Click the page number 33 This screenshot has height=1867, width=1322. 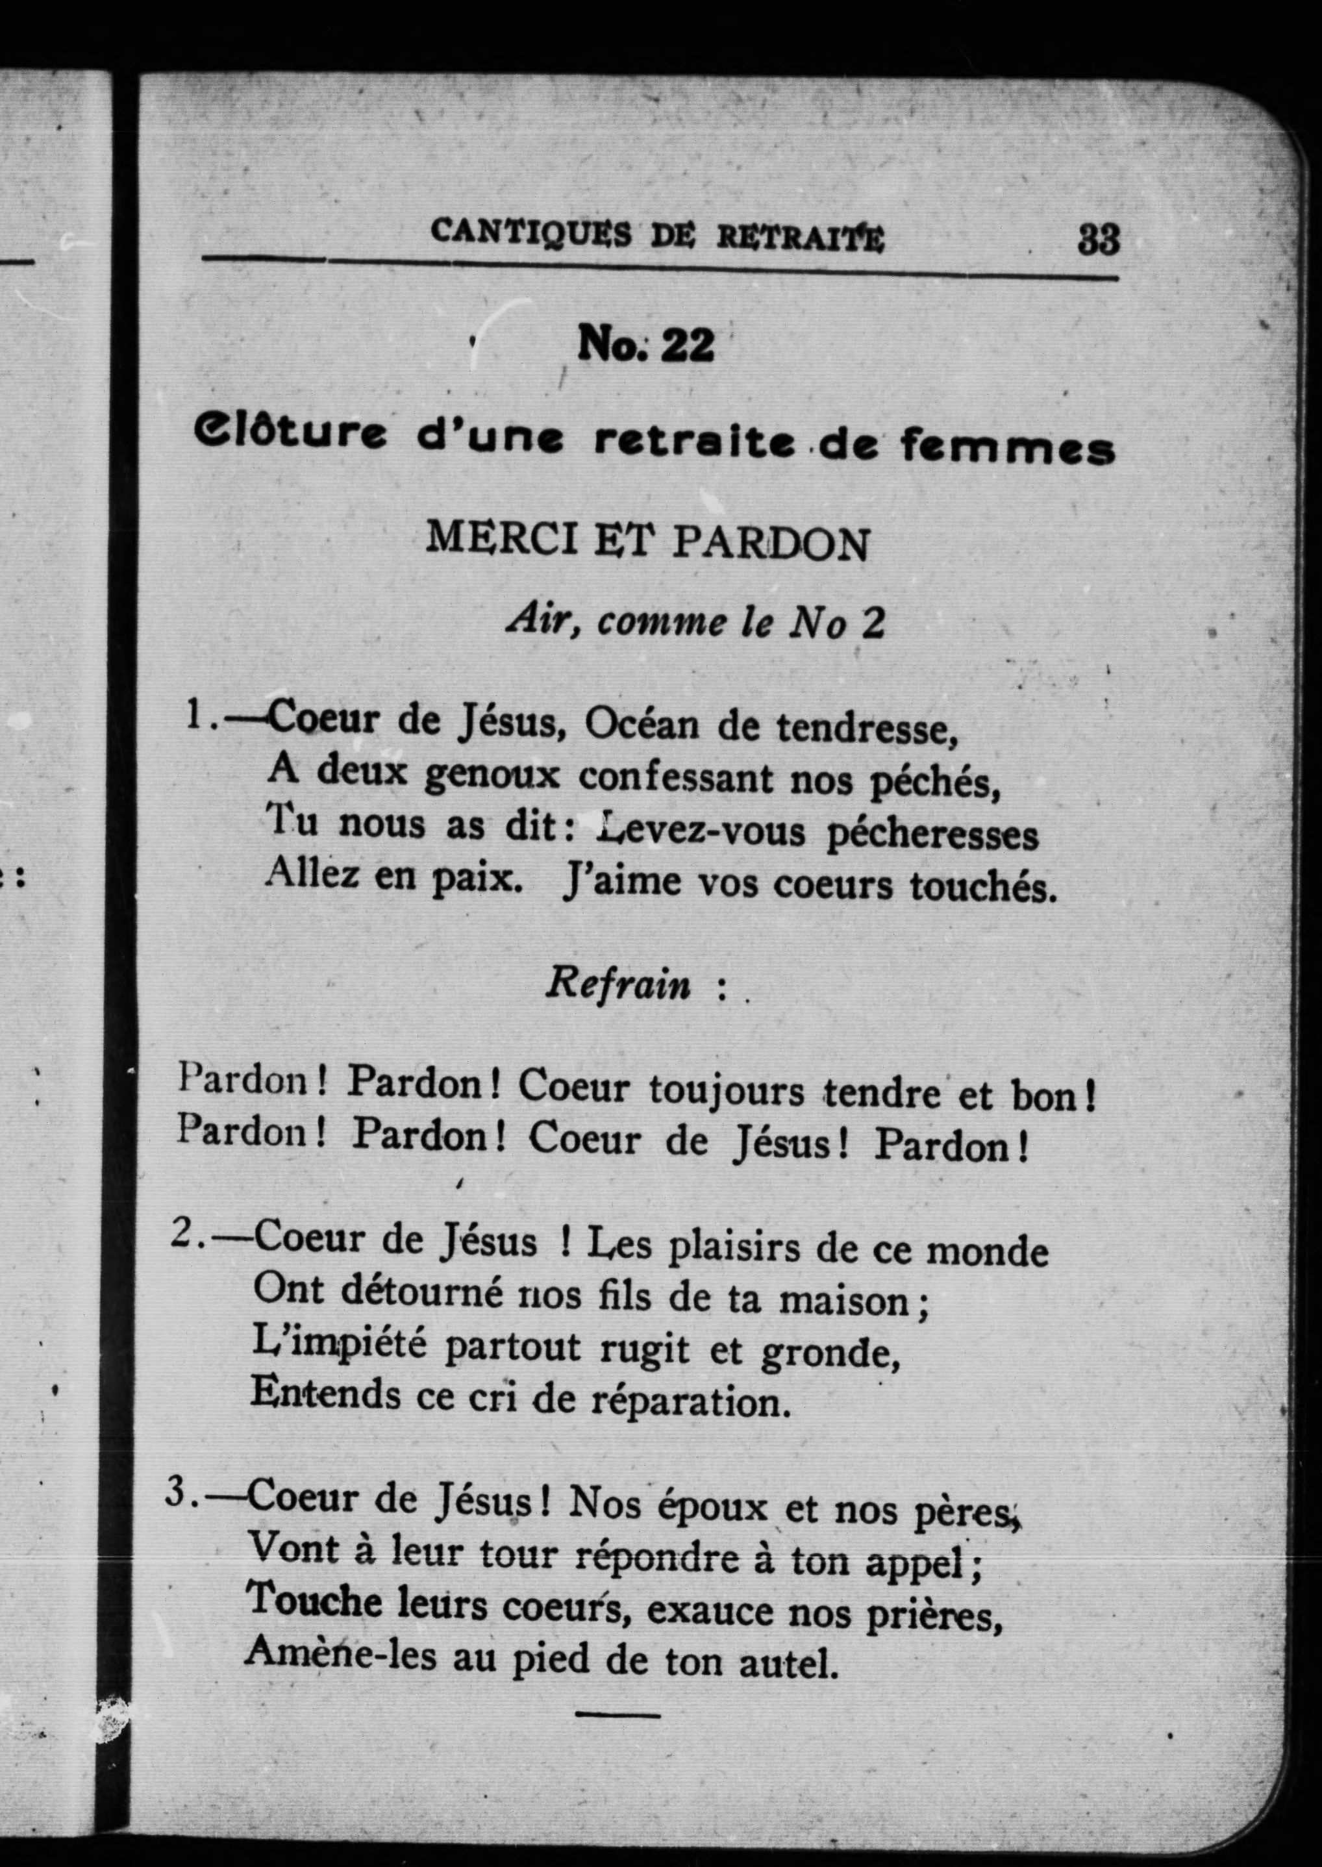tap(1098, 240)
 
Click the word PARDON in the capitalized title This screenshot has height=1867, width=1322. tap(770, 545)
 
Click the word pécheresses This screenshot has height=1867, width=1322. tap(932, 834)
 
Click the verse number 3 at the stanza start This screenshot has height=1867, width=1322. tap(177, 1497)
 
